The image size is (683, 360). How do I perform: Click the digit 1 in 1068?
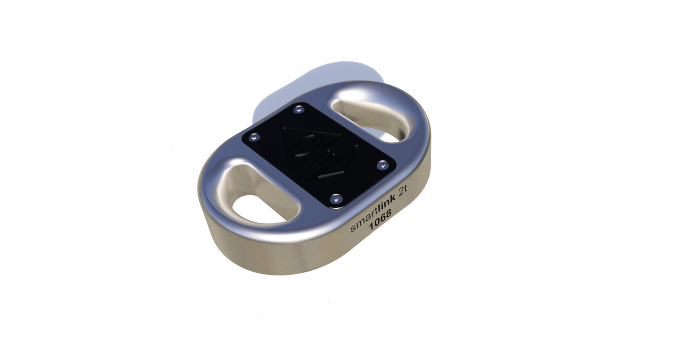372,227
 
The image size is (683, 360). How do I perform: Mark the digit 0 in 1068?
377,224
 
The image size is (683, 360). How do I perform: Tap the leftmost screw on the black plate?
254,137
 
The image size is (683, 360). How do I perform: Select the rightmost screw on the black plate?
382,165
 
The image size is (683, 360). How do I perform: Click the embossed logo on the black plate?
320,153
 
